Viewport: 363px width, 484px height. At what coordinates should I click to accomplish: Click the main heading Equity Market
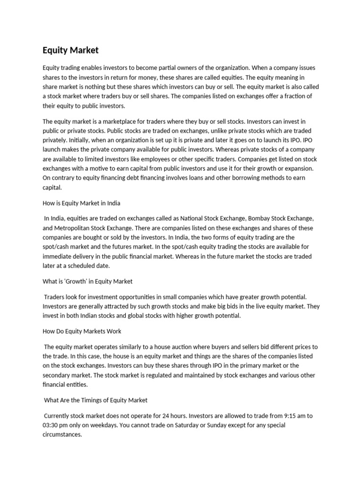click(x=70, y=50)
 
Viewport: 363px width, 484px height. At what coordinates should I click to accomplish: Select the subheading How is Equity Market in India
click(x=81, y=203)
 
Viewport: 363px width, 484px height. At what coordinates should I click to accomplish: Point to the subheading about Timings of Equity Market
click(x=95, y=400)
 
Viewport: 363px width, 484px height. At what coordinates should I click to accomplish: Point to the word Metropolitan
click(x=73, y=228)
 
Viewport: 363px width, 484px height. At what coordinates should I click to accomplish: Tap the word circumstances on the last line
click(x=62, y=434)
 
